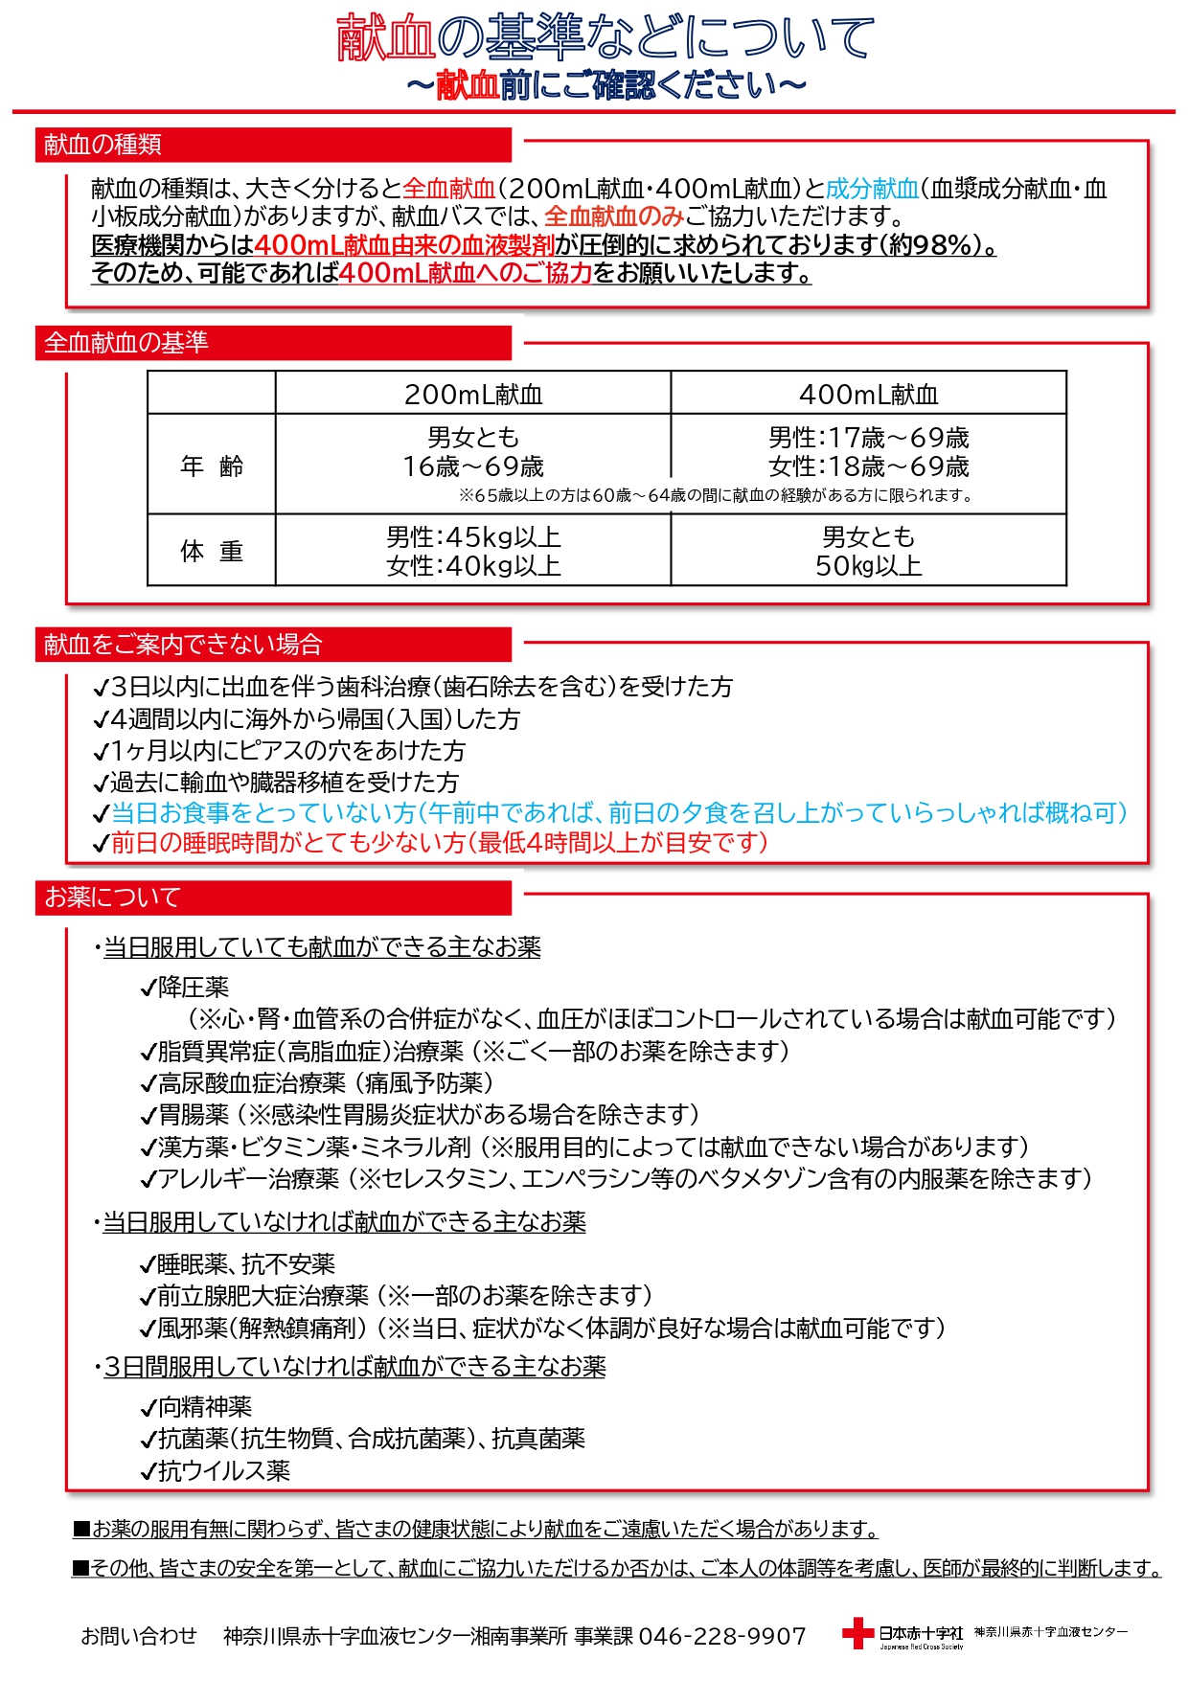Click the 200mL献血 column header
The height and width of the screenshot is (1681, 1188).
point(473,394)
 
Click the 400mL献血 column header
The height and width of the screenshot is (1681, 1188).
point(868,394)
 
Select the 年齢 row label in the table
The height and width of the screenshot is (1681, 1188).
point(212,466)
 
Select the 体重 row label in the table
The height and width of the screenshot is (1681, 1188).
point(212,551)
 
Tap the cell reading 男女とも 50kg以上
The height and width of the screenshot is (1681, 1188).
point(868,551)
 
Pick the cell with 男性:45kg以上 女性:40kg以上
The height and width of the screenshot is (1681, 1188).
point(473,551)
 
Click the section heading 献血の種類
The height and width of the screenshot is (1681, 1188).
point(103,145)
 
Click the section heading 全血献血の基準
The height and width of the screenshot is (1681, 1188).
point(126,343)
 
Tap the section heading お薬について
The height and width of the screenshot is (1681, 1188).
point(112,897)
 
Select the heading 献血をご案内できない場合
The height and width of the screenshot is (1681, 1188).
point(182,645)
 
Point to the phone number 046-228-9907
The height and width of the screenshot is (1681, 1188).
point(721,1636)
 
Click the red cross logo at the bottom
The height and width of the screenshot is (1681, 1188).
point(857,1633)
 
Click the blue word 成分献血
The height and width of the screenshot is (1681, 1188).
point(872,189)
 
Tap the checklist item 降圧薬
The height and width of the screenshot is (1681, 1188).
point(192,987)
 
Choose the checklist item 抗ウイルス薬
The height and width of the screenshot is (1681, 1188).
point(222,1470)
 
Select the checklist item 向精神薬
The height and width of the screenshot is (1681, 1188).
point(203,1406)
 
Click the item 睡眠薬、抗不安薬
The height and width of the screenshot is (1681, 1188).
point(245,1264)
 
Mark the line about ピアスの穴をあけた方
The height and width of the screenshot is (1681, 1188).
point(287,750)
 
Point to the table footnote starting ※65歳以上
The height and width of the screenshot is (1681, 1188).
point(715,495)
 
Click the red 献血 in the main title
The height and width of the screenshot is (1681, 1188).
point(385,38)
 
